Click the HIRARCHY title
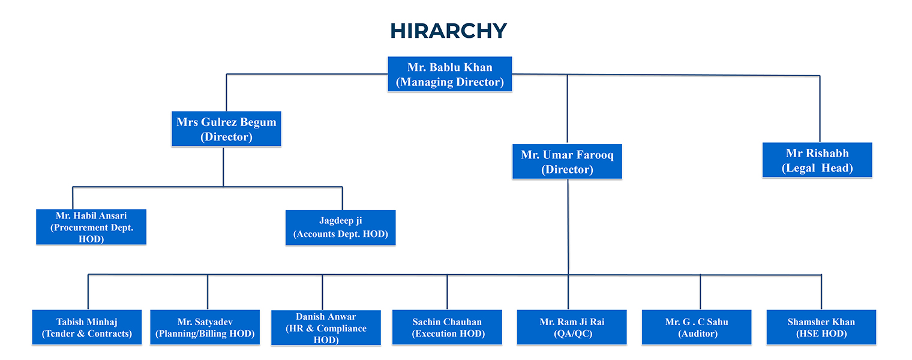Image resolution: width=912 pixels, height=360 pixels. (x=448, y=31)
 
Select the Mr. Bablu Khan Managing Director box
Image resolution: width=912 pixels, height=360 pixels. (x=450, y=74)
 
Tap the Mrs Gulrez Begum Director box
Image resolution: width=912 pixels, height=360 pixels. (x=226, y=130)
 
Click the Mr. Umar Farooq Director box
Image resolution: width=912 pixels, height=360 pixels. (x=567, y=162)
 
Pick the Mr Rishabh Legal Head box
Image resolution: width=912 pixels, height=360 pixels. (x=817, y=160)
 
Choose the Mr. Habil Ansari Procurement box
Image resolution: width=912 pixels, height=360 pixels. (x=91, y=227)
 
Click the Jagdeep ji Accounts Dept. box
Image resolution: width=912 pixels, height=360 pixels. (x=340, y=227)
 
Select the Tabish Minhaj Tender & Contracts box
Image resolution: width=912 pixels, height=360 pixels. (x=87, y=328)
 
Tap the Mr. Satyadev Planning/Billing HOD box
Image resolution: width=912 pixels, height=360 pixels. (x=205, y=328)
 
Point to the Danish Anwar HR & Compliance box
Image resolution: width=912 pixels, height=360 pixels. (x=326, y=328)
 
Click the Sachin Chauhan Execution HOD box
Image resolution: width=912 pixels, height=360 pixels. (x=447, y=328)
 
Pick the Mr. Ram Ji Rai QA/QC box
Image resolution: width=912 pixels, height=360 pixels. (x=572, y=328)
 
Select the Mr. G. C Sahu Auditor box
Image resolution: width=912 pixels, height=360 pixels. (x=697, y=328)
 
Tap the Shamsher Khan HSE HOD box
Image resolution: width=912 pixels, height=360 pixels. (x=821, y=328)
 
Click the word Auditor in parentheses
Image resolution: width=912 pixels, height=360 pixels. (x=698, y=334)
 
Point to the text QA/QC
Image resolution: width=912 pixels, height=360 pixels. (x=572, y=334)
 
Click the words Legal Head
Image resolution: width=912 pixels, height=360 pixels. (x=817, y=169)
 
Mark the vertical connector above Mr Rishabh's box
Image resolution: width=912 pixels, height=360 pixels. (x=820, y=108)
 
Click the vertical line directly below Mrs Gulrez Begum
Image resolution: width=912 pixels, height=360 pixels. (x=223, y=166)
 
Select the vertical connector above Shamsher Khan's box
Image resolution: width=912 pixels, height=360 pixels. (x=821, y=292)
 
